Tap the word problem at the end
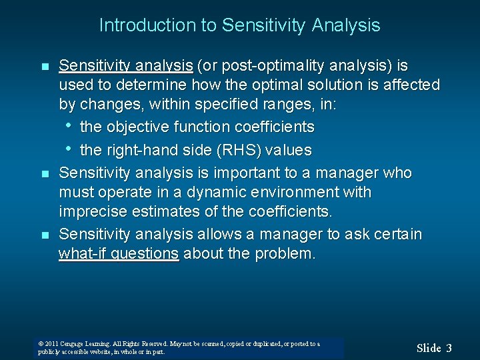tap(283, 254)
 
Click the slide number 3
tap(449, 347)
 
